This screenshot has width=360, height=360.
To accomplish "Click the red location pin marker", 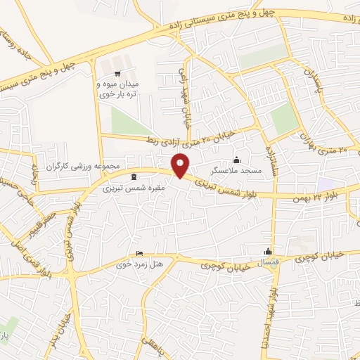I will tap(181, 165).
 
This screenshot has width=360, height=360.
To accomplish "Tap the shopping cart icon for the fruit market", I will tap(117, 72).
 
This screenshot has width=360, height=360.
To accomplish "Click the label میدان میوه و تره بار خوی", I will tap(117, 89).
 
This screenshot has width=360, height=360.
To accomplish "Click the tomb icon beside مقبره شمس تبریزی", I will tap(134, 176).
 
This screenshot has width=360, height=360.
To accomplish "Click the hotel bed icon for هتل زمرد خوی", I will tap(139, 253).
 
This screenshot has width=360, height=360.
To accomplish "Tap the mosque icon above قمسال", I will tap(268, 252).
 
